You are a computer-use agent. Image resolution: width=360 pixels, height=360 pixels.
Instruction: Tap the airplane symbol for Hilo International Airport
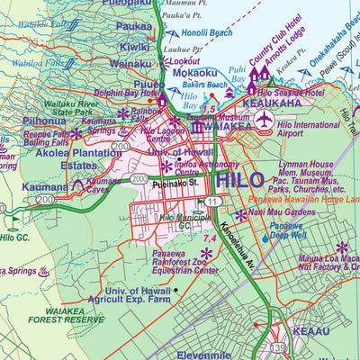[x=264, y=120]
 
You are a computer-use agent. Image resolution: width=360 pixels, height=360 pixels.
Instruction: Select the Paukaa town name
[x=134, y=26]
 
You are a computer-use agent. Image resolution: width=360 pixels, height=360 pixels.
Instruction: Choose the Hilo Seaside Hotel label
[x=291, y=93]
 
